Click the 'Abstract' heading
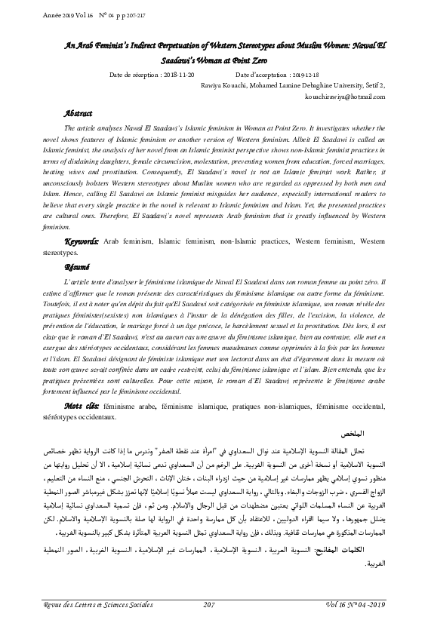(80, 113)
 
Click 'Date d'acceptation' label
(261, 76)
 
